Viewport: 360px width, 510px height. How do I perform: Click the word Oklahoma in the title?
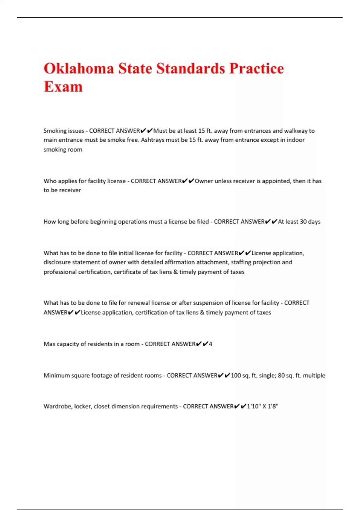79,68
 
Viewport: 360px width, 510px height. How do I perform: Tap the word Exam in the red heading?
63,87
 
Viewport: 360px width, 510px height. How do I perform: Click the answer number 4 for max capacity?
210,344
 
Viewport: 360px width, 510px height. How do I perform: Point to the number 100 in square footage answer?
236,376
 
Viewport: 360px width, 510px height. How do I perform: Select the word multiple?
314,376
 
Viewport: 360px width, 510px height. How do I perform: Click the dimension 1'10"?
254,406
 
